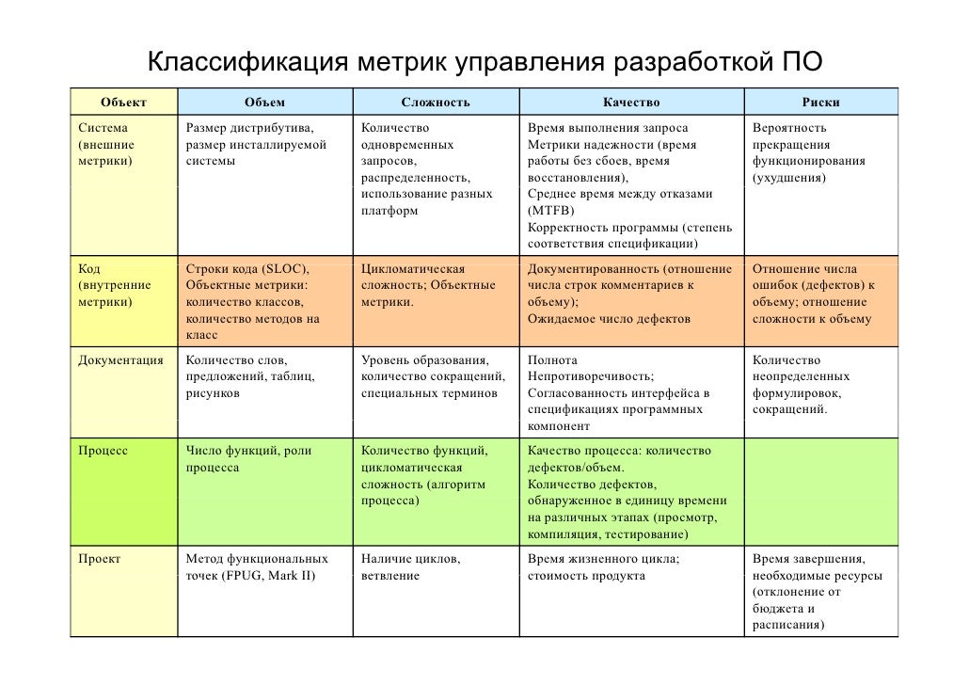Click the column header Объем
[264, 102]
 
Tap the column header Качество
[631, 102]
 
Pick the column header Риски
[821, 102]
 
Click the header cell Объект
[124, 102]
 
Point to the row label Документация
[121, 359]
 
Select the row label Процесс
[103, 451]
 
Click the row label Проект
[100, 558]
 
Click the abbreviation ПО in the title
[802, 64]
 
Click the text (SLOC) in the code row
[284, 268]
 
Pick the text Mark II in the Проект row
[294, 576]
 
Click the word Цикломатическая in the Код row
[413, 268]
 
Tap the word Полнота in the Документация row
[552, 359]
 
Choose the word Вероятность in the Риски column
[789, 127]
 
